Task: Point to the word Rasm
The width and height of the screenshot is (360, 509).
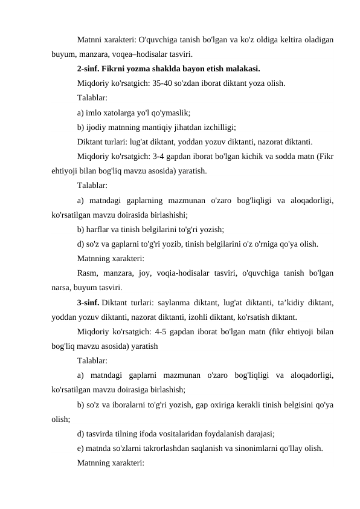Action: pyautogui.click(x=88, y=273)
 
